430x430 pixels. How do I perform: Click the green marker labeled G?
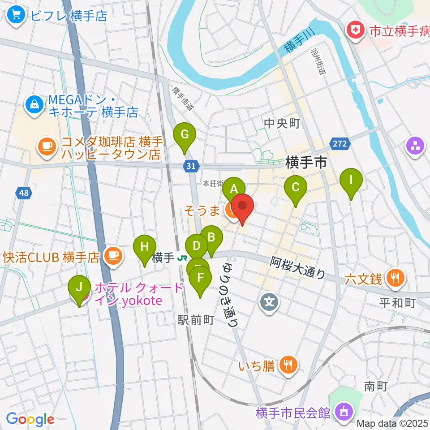click(185, 135)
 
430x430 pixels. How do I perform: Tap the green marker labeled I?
click(351, 181)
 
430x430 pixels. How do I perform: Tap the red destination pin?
click(242, 207)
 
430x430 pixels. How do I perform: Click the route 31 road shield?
click(191, 166)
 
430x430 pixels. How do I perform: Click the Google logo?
click(30, 419)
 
